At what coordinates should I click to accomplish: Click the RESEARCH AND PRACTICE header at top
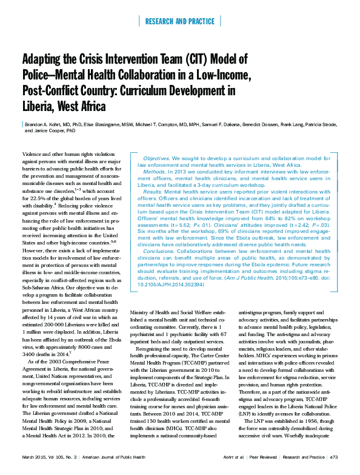click(x=180, y=21)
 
